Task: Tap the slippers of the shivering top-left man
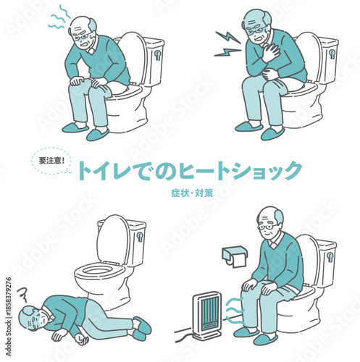[86, 131]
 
